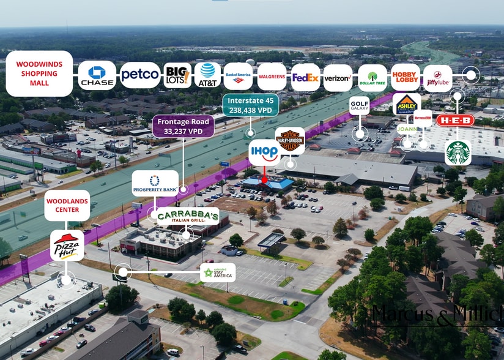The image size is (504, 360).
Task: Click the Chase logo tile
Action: coord(97,75)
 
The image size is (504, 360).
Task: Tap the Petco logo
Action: coord(139,75)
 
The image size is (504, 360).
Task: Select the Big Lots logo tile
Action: coord(177,75)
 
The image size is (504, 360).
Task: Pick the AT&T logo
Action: coord(207,75)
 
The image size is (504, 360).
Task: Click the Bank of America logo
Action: coord(238,76)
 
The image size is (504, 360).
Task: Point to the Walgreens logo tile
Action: coord(272,77)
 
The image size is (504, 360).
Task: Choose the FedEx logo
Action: coord(305,77)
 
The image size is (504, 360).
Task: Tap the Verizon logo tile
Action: coord(338,78)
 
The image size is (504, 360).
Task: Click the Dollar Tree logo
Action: coord(372,78)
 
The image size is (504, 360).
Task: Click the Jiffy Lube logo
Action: coord(437,78)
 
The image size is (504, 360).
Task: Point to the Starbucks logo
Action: coord(458,152)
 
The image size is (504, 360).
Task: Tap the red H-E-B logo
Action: coord(455,121)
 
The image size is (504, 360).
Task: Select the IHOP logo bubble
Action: coord(264,152)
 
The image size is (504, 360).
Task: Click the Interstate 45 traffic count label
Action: coord(250,105)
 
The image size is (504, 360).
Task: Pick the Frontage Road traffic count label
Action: coord(183,126)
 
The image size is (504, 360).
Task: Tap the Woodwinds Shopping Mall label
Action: coord(39,73)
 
